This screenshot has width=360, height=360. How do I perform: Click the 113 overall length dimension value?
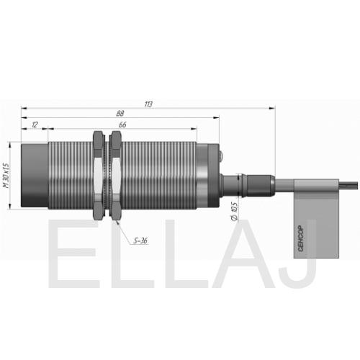point(148,104)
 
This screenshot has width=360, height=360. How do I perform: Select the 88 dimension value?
point(120,114)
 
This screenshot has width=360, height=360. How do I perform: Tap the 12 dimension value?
point(35,125)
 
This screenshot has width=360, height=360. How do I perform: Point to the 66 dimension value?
point(122,125)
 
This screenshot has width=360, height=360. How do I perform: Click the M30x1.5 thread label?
point(6,176)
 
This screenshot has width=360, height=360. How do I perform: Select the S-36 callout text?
point(140,240)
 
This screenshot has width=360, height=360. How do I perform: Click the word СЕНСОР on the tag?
point(301,239)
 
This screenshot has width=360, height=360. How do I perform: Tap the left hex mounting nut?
point(99,175)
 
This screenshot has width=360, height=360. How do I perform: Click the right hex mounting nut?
point(116,175)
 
